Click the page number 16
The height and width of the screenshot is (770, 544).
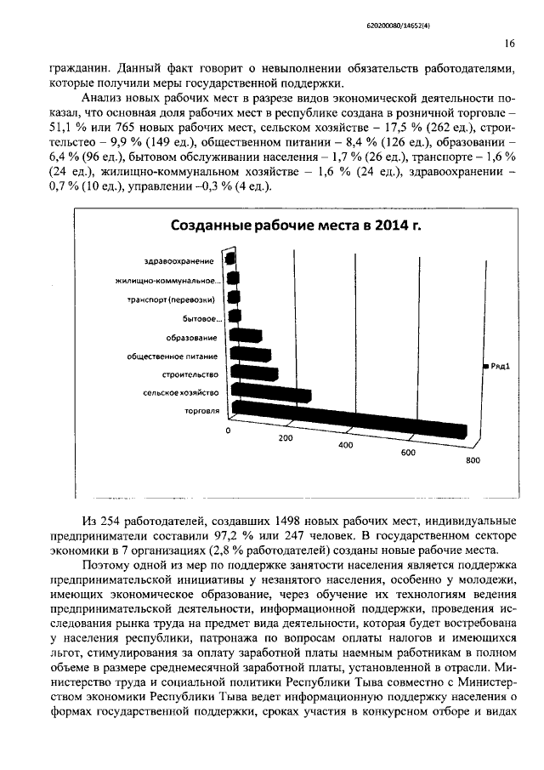point(508,44)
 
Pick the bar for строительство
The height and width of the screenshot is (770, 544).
point(254,374)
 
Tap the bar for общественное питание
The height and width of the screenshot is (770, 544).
point(251,355)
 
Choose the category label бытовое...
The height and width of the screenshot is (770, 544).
point(202,318)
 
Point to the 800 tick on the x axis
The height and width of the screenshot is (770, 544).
point(473,460)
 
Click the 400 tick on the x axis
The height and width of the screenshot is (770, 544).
point(345,445)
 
